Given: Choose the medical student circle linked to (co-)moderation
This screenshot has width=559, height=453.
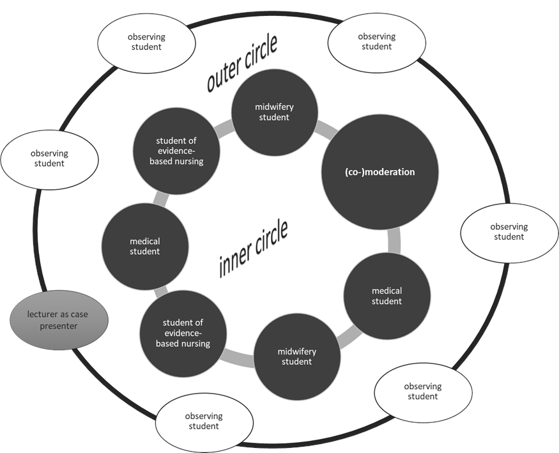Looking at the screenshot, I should [x=387, y=296].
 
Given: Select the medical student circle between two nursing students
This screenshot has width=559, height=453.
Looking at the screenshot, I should [x=145, y=246].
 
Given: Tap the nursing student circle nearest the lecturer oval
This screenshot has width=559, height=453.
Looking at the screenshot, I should [x=183, y=334].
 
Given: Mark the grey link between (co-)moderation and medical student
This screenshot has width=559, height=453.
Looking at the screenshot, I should [x=394, y=243].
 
